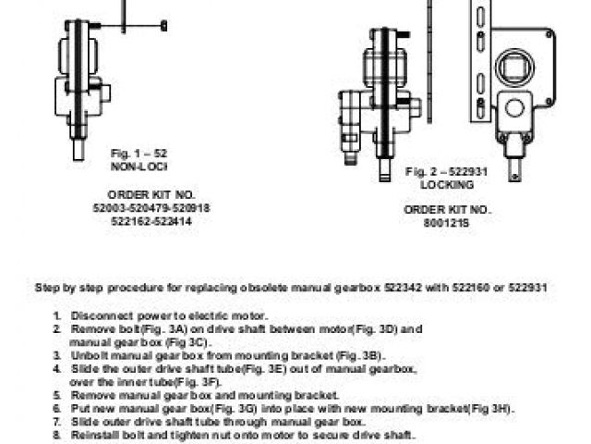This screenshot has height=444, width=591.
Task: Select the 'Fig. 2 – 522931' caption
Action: coord(447,172)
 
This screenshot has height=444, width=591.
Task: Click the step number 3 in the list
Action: coord(57,354)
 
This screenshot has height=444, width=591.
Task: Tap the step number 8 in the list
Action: coord(57,434)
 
